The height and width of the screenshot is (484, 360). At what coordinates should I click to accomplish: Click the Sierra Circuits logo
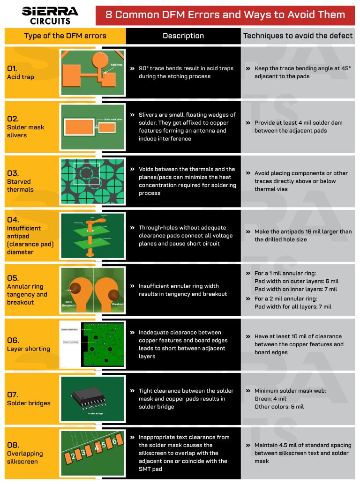(50, 15)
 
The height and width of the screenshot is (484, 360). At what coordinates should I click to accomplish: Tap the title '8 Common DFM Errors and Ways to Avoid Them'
(225, 15)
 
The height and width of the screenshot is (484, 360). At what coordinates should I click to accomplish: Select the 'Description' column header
(183, 36)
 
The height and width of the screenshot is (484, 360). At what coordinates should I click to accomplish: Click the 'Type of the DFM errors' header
(65, 36)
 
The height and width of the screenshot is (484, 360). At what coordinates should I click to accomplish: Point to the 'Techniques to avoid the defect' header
(298, 36)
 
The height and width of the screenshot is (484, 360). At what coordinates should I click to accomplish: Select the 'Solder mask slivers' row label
(17, 131)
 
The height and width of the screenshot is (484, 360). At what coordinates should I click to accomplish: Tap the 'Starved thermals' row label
(20, 185)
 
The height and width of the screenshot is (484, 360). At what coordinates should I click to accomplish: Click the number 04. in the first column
(13, 219)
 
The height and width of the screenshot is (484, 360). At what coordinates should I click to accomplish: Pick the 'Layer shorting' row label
(28, 349)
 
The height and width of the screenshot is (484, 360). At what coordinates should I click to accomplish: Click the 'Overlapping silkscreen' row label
(24, 457)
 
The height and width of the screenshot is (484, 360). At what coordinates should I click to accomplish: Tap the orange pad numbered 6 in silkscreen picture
(114, 440)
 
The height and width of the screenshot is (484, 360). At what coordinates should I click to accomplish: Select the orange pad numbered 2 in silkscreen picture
(73, 455)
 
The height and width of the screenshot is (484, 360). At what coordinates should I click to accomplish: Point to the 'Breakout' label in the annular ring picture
(118, 304)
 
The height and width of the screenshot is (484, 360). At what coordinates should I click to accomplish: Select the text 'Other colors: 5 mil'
(279, 407)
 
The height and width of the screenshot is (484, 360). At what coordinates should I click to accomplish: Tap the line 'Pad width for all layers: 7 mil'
(293, 307)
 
